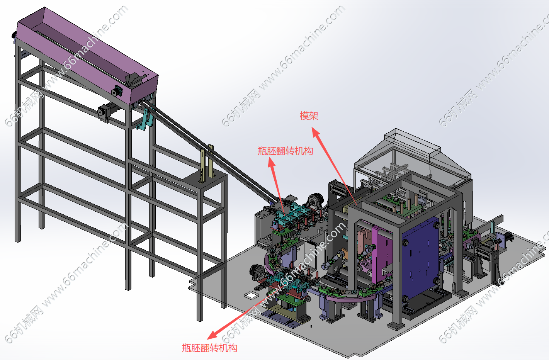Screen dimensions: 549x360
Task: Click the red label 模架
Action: point(309,115)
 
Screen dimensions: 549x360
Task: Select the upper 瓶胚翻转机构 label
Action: point(285,151)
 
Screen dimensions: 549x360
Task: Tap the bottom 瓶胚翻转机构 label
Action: point(209,348)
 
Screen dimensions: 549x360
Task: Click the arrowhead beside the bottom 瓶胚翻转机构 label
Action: point(212,335)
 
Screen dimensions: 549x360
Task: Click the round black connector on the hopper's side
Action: point(117,91)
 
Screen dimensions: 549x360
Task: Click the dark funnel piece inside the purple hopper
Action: point(133,80)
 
